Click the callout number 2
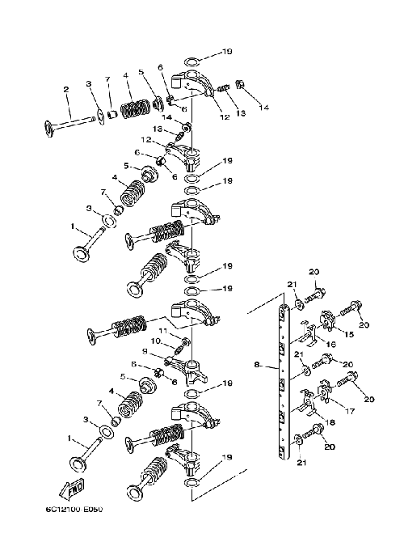click(x=66, y=89)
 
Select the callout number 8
click(x=257, y=364)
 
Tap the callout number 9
click(x=144, y=351)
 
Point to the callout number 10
click(x=156, y=341)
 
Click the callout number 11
click(x=162, y=331)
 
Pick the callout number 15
click(x=349, y=334)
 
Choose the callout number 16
click(x=331, y=345)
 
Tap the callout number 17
click(x=350, y=411)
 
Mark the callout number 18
click(x=330, y=422)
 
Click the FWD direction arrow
click(x=71, y=489)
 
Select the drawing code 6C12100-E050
click(x=74, y=509)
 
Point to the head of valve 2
click(x=49, y=129)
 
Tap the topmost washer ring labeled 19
click(x=191, y=61)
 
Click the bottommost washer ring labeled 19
click(x=191, y=483)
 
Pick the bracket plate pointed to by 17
click(x=325, y=392)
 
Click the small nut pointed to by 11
click(x=185, y=342)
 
